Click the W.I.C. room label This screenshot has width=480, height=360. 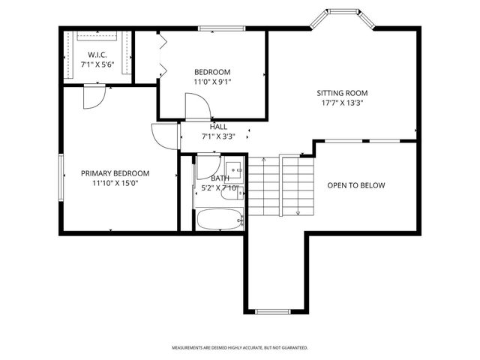click(96, 55)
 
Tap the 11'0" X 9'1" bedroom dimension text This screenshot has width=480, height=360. click(212, 83)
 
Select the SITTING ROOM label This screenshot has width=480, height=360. click(341, 94)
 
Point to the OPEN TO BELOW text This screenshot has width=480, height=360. click(355, 185)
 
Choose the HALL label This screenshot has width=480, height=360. click(218, 127)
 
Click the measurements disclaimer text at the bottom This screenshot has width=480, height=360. click(240, 348)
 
